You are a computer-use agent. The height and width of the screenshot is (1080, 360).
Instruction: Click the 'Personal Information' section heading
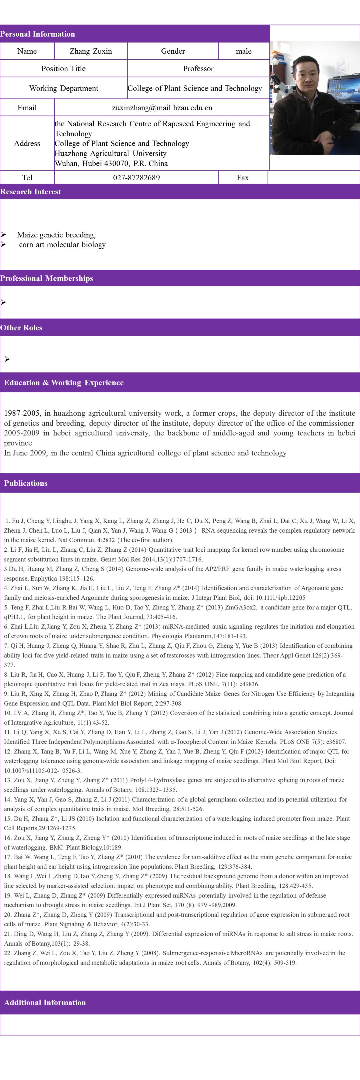pyautogui.click(x=37, y=34)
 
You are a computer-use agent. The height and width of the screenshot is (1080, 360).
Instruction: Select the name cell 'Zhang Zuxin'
pyautogui.click(x=91, y=51)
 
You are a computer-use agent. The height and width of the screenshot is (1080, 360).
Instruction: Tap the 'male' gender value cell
pyautogui.click(x=243, y=51)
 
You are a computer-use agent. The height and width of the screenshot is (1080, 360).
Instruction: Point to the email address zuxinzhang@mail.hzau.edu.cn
pyautogui.click(x=162, y=108)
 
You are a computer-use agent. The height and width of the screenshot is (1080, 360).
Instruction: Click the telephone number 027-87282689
pyautogui.click(x=136, y=178)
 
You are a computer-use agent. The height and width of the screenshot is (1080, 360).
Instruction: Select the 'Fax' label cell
pyautogui.click(x=242, y=178)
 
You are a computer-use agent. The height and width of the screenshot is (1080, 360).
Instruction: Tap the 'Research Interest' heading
pyautogui.click(x=31, y=192)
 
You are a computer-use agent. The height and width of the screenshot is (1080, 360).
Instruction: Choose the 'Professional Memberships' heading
pyautogui.click(x=47, y=278)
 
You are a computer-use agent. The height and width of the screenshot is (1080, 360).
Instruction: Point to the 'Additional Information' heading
pyautogui.click(x=45, y=1003)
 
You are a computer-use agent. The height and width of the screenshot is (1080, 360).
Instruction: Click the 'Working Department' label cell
pyautogui.click(x=64, y=88)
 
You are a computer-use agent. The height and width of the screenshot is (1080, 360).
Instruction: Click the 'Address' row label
pyautogui.click(x=27, y=143)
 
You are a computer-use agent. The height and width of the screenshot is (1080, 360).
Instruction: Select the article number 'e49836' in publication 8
pyautogui.click(x=249, y=684)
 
